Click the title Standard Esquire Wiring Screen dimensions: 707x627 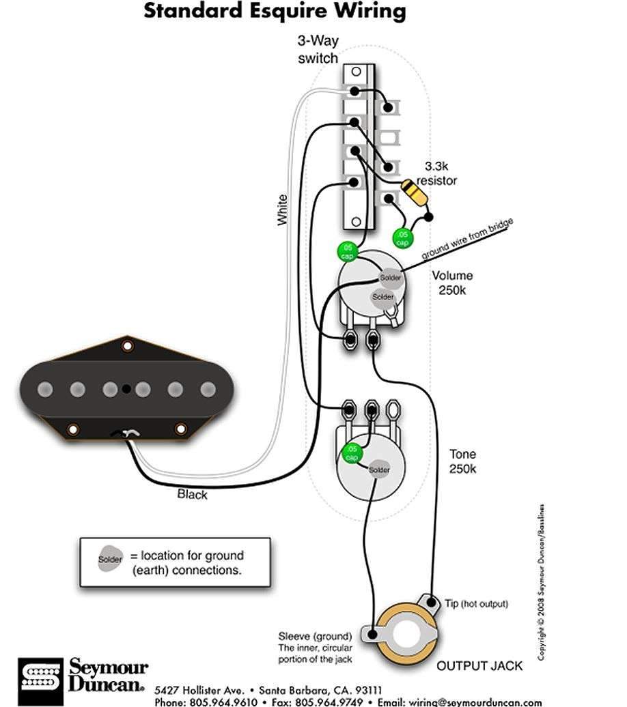[275, 12]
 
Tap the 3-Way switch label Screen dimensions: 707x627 [318, 50]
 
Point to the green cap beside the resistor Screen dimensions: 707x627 [402, 238]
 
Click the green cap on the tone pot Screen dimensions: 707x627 [352, 453]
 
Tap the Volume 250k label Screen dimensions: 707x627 [451, 283]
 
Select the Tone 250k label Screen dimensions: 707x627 [462, 461]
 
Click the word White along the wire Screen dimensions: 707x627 [283, 210]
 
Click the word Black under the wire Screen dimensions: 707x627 [192, 494]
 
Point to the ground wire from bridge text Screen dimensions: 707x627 [467, 241]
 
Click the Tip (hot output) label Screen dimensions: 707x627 [476, 604]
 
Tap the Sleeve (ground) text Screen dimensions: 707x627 [315, 637]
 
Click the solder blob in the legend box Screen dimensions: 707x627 [111, 559]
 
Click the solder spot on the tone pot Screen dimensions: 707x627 [379, 470]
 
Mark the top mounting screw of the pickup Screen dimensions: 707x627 [127, 345]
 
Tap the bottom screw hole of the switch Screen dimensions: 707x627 [356, 222]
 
